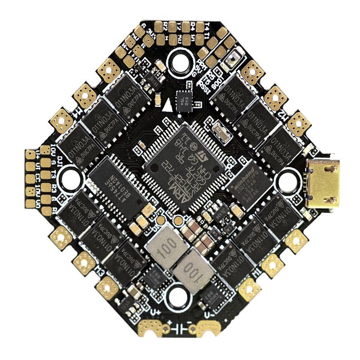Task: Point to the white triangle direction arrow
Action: tap(167, 105)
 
